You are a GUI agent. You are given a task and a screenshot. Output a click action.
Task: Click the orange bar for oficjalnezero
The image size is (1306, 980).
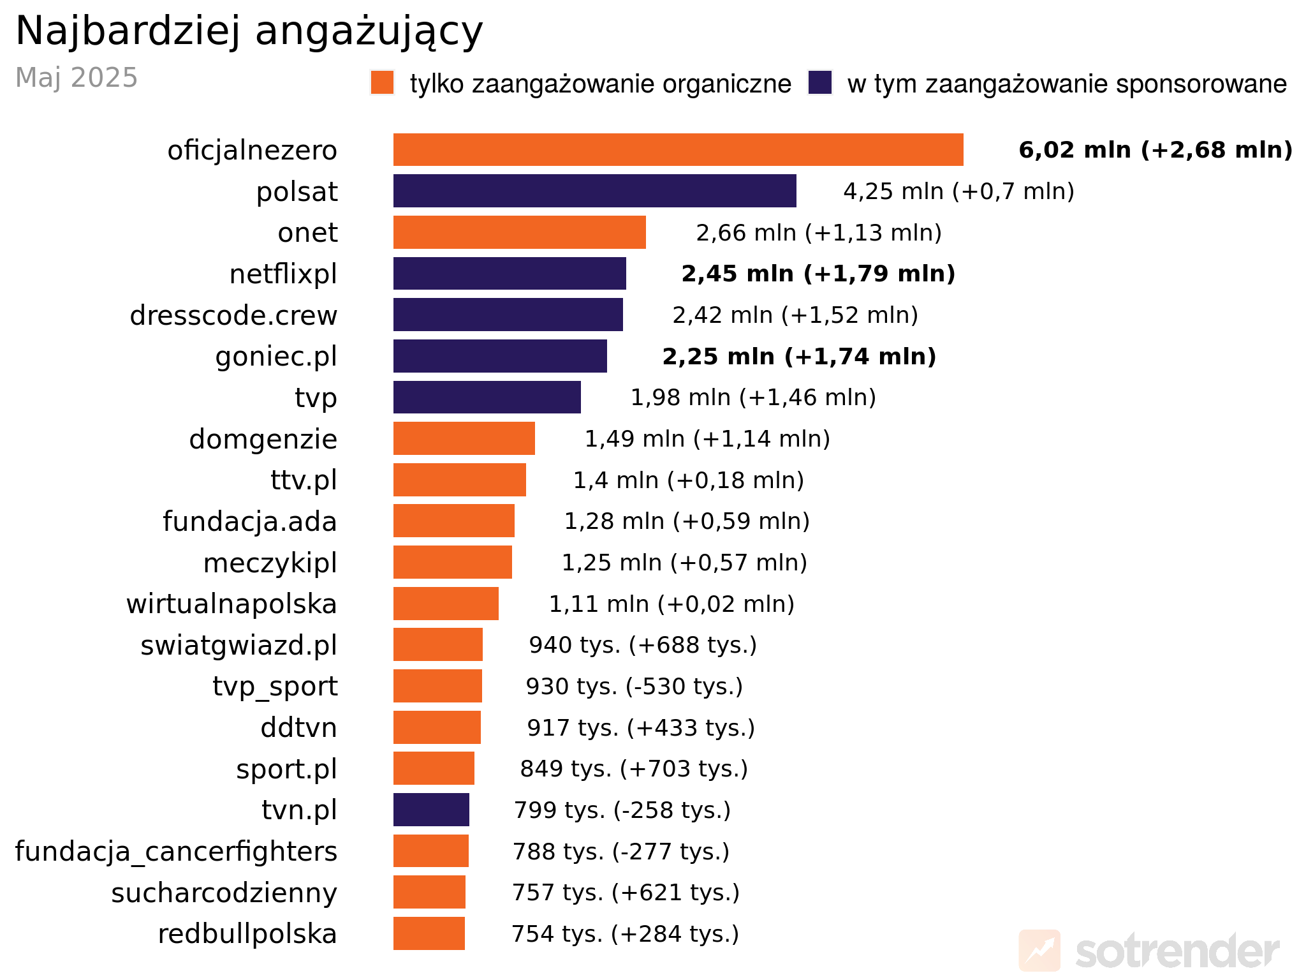(678, 150)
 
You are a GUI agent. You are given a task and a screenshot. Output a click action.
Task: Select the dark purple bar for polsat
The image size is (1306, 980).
(594, 191)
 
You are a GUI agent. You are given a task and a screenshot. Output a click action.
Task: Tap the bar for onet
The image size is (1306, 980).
(519, 232)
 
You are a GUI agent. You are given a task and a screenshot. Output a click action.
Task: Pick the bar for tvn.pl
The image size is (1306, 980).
(431, 810)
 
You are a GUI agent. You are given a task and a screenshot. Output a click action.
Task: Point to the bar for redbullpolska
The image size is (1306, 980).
(429, 933)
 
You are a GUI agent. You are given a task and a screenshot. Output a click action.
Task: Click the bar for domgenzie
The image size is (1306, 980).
(464, 438)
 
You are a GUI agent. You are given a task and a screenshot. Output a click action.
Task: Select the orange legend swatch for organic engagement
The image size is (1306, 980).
(382, 83)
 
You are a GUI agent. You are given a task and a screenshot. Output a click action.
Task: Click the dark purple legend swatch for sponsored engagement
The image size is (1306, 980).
(819, 83)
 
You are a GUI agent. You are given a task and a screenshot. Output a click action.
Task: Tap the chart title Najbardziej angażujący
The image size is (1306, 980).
(249, 31)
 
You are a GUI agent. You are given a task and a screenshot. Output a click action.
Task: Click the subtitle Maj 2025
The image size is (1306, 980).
(77, 78)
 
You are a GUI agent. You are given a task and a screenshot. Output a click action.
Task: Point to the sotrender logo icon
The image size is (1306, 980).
(1039, 950)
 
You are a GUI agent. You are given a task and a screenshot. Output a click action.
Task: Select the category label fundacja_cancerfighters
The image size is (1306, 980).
(176, 851)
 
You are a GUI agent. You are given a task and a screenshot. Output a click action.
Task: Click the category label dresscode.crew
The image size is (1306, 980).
(233, 315)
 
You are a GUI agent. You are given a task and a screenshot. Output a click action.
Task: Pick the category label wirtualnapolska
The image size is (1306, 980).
(231, 604)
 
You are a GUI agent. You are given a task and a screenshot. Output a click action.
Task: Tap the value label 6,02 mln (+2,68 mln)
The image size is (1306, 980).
(1155, 150)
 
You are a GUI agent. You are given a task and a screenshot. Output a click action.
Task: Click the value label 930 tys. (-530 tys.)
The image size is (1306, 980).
(634, 687)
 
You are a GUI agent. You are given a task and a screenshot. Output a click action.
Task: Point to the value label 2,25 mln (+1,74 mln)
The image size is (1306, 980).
(799, 356)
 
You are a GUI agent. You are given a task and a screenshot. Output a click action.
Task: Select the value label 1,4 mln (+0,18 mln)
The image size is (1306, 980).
(688, 480)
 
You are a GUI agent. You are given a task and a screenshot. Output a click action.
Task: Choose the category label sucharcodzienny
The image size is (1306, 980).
(224, 893)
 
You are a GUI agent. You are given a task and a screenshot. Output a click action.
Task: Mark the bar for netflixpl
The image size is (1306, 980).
(510, 274)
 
